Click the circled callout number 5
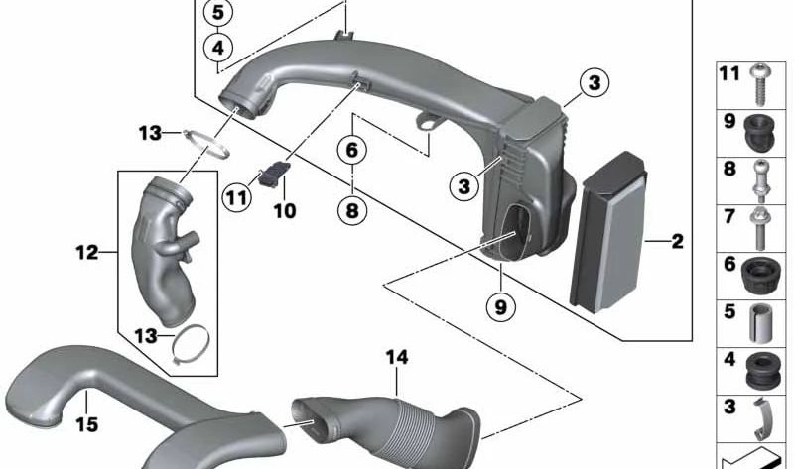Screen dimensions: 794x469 217,13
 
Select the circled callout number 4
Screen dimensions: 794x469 217,48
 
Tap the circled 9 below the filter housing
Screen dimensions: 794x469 500,306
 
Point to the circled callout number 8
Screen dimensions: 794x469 352,210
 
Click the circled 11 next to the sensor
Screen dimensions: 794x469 236,197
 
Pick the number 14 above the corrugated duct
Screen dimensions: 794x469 396,358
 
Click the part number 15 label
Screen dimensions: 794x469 86,424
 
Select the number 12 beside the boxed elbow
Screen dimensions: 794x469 86,252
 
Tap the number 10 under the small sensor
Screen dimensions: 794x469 285,211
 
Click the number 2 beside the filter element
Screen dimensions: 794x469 678,241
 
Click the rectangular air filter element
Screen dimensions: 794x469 609,232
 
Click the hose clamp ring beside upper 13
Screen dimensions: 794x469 206,143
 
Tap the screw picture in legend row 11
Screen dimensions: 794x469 759,84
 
